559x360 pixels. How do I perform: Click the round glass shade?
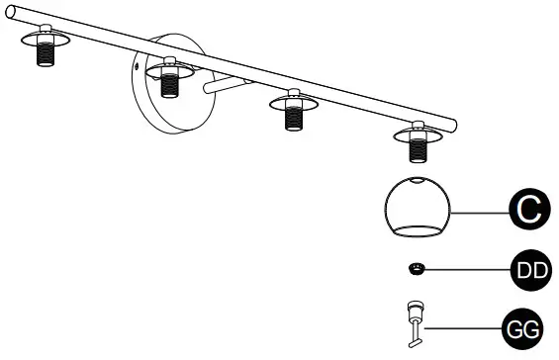[416, 209]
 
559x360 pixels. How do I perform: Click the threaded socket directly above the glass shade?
[419, 149]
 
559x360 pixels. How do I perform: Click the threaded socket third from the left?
[293, 117]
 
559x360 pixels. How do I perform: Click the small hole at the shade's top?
[419, 180]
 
